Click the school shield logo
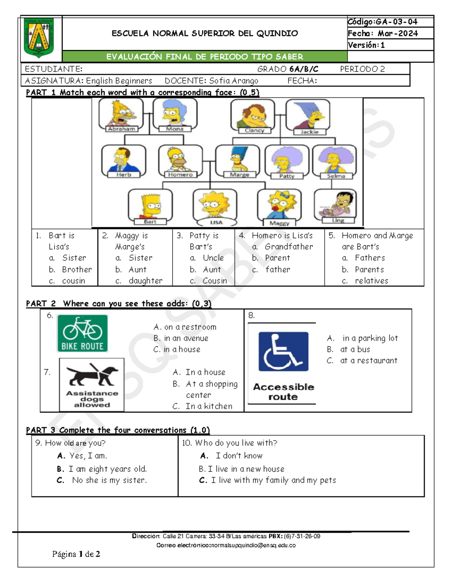[38, 37]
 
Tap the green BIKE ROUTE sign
[82, 333]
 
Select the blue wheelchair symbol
[283, 351]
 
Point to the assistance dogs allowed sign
[92, 385]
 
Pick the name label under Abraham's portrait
[121, 129]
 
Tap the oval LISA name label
[216, 222]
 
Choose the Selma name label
[336, 176]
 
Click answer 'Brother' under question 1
[77, 269]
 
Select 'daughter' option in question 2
[145, 281]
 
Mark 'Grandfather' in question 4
[289, 247]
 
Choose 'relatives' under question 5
[371, 281]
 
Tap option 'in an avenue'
[186, 338]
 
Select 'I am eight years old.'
[107, 469]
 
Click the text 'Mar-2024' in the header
[398, 34]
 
